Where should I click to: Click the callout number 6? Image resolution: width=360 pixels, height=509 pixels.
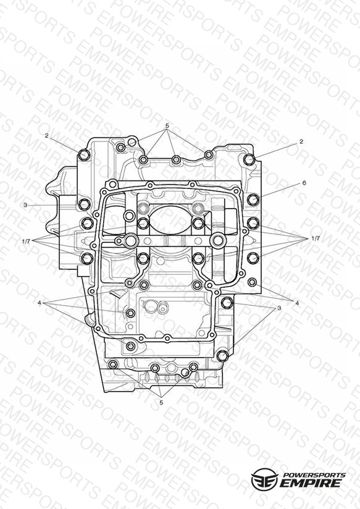point(304,183)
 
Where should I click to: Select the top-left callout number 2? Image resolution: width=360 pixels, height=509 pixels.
point(47,136)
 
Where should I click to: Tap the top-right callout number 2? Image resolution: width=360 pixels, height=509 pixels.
point(301,142)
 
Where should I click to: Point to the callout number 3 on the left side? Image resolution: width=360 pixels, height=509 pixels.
point(25,205)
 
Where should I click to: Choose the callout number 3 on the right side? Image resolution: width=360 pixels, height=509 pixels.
point(279,308)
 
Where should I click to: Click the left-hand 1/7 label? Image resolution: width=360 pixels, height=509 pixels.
point(26,241)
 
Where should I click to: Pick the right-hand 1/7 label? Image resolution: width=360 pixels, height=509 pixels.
point(316,238)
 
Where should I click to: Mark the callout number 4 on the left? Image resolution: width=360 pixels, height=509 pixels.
point(40,303)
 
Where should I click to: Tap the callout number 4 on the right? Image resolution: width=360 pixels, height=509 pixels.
point(297,303)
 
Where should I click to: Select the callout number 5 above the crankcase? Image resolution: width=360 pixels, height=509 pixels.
point(167,125)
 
